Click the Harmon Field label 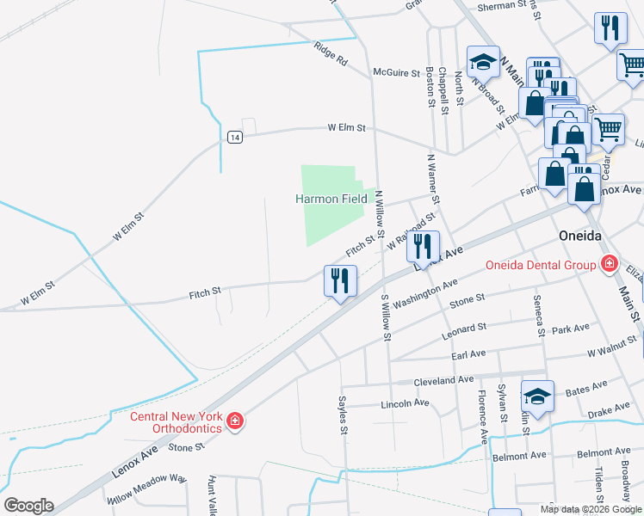[331, 199]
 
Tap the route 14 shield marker [235, 137]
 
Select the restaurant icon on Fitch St [340, 280]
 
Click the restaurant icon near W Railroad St [423, 247]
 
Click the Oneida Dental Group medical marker [609, 264]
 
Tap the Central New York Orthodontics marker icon [235, 421]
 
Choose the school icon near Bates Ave [538, 396]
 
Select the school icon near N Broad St [483, 61]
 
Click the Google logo [28, 506]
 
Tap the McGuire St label [396, 73]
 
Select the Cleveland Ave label [443, 379]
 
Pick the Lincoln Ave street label [404, 402]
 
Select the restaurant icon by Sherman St [610, 28]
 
